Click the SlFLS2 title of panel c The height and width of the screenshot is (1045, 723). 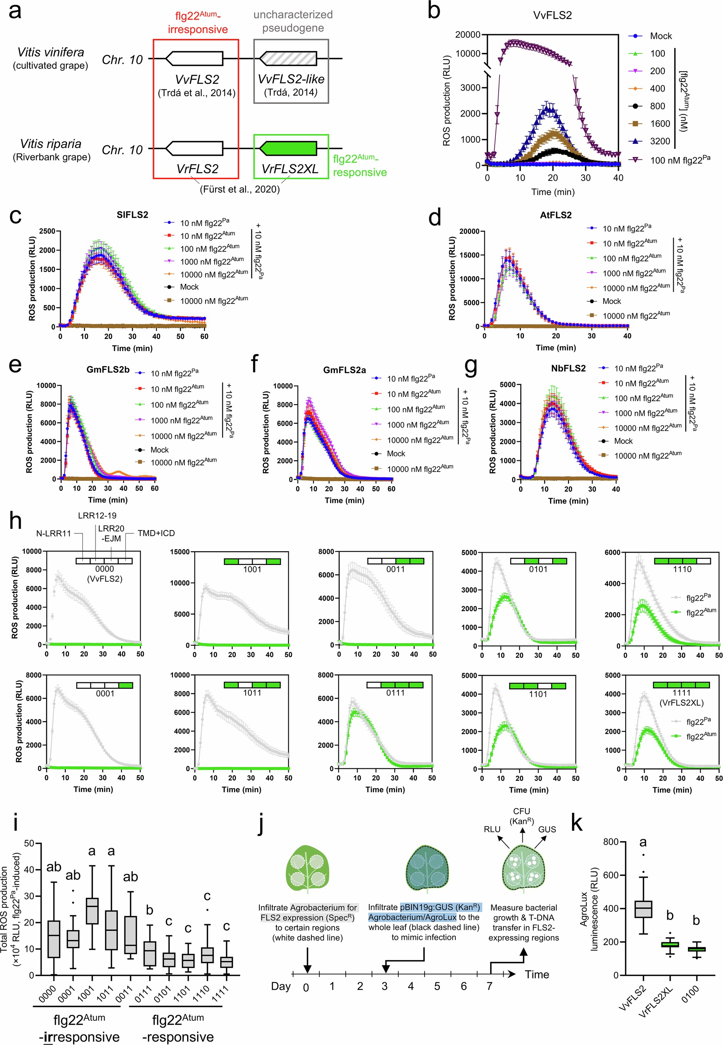tap(132, 215)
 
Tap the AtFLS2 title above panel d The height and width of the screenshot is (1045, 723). tap(556, 215)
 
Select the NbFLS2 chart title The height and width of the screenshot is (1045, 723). tap(568, 368)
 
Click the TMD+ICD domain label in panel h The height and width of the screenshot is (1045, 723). tap(156, 533)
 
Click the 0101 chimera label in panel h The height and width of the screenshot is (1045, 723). tap(538, 569)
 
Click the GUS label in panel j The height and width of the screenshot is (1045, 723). tap(547, 829)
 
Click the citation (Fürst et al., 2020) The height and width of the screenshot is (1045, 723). tap(240, 189)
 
